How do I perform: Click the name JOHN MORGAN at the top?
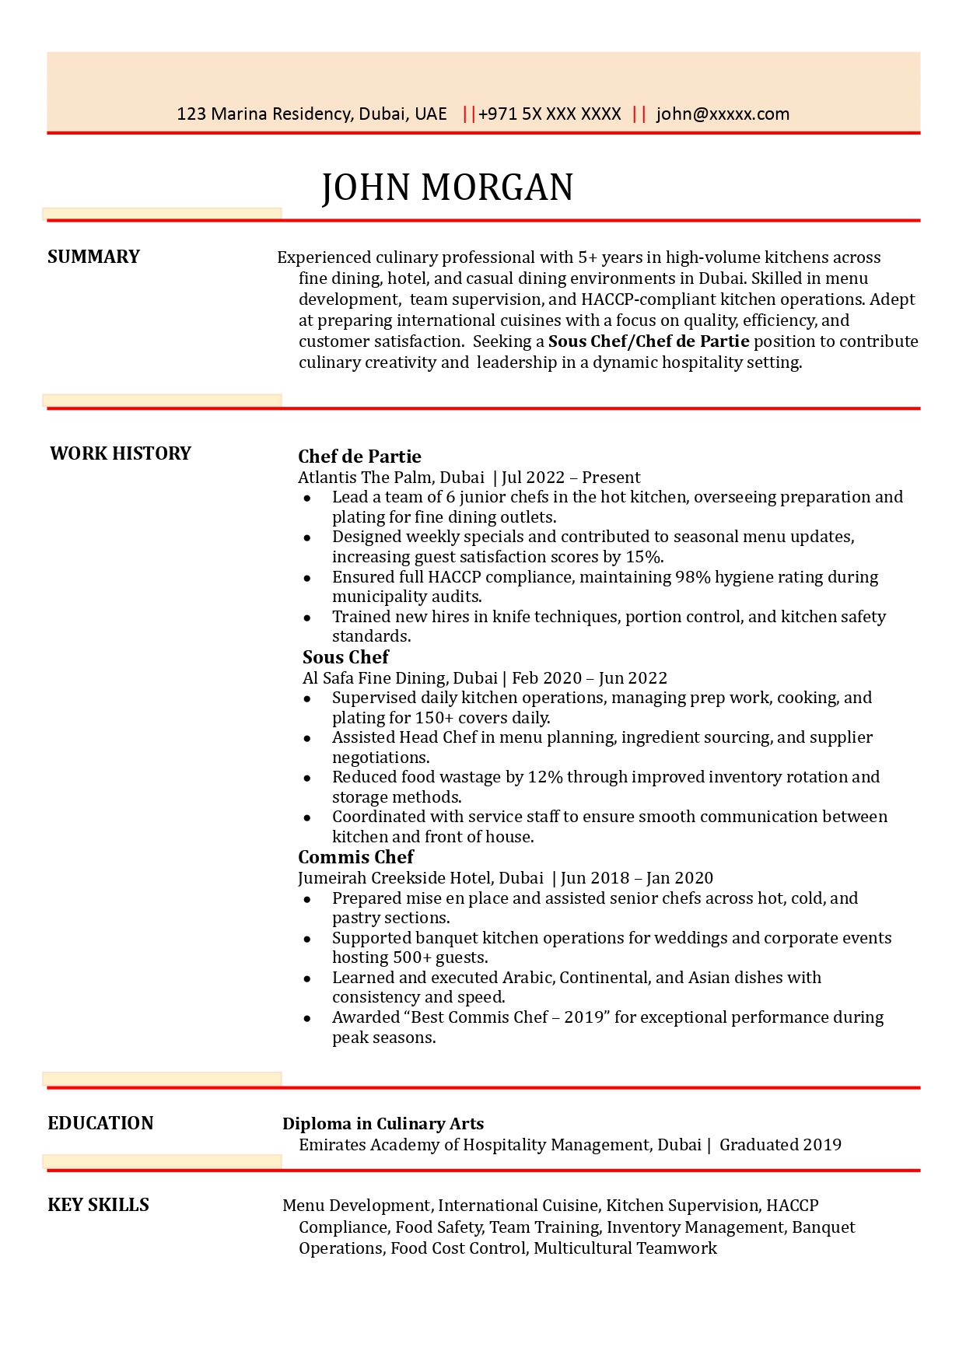pyautogui.click(x=447, y=188)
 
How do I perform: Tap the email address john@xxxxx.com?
pyautogui.click(x=723, y=114)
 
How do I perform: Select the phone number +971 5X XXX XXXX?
pyautogui.click(x=549, y=114)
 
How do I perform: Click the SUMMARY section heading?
pyautogui.click(x=93, y=257)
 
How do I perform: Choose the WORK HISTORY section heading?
pyautogui.click(x=121, y=453)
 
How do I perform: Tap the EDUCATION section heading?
pyautogui.click(x=100, y=1123)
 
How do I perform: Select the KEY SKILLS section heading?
pyautogui.click(x=98, y=1205)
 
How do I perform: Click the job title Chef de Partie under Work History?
pyautogui.click(x=359, y=457)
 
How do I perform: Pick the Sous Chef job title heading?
pyautogui.click(x=345, y=657)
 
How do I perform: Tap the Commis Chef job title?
pyautogui.click(x=355, y=857)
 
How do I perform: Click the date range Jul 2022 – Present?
pyautogui.click(x=571, y=478)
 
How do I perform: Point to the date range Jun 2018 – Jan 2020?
pyautogui.click(x=636, y=878)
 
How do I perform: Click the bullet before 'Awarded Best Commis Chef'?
pyautogui.click(x=307, y=1018)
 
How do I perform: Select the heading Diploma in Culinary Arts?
pyautogui.click(x=383, y=1124)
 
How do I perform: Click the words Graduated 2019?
pyautogui.click(x=780, y=1145)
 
